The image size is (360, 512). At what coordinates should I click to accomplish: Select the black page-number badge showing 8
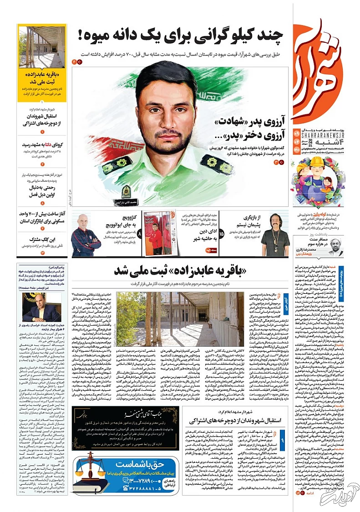140,234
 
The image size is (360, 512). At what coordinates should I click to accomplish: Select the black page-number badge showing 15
222,234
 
